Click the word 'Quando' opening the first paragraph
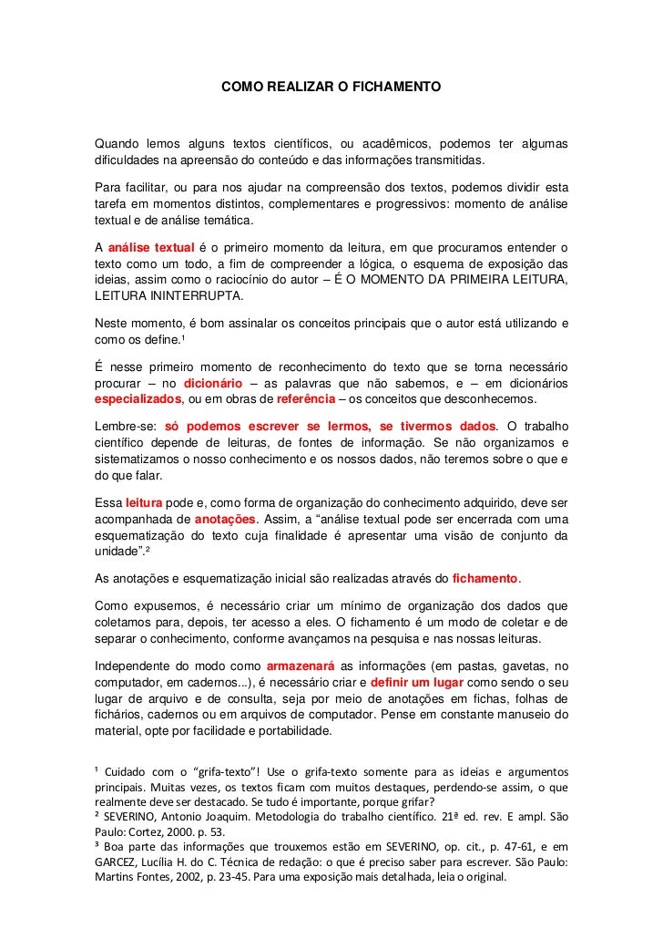click(117, 145)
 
